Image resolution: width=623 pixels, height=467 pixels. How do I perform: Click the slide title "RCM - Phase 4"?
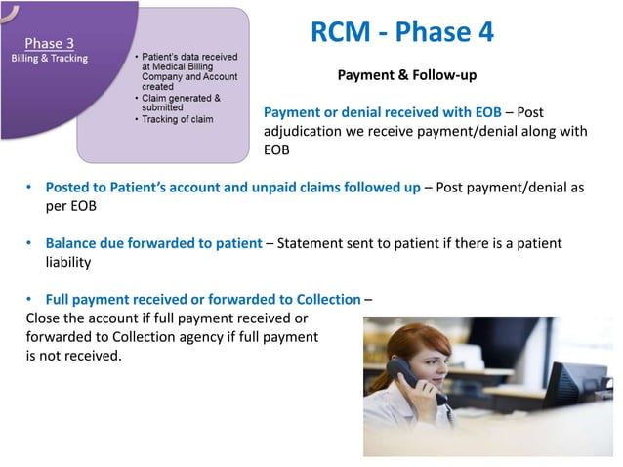(x=401, y=32)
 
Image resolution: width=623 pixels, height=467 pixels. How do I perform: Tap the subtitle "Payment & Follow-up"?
(x=406, y=74)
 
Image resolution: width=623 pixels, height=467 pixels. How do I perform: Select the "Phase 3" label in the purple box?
(x=47, y=42)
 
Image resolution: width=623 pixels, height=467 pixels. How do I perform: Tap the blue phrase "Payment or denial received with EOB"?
(x=382, y=113)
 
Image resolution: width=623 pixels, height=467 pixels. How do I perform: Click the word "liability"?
(x=68, y=262)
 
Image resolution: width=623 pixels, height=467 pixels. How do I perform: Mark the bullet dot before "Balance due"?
(x=30, y=243)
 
